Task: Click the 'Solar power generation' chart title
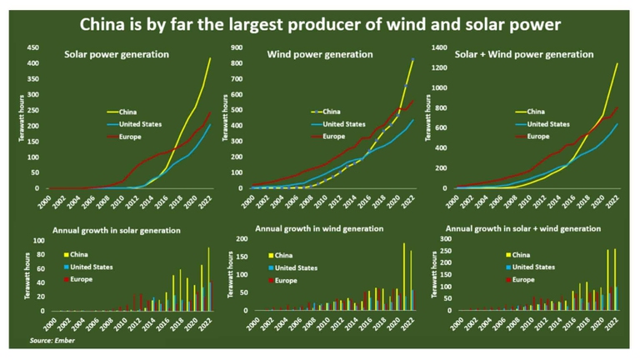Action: pyautogui.click(x=117, y=55)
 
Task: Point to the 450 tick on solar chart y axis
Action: pyautogui.click(x=33, y=47)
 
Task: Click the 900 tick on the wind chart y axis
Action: pyautogui.click(x=236, y=47)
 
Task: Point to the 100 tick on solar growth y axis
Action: pyautogui.click(x=37, y=240)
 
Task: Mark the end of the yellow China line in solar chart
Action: pyautogui.click(x=210, y=58)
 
